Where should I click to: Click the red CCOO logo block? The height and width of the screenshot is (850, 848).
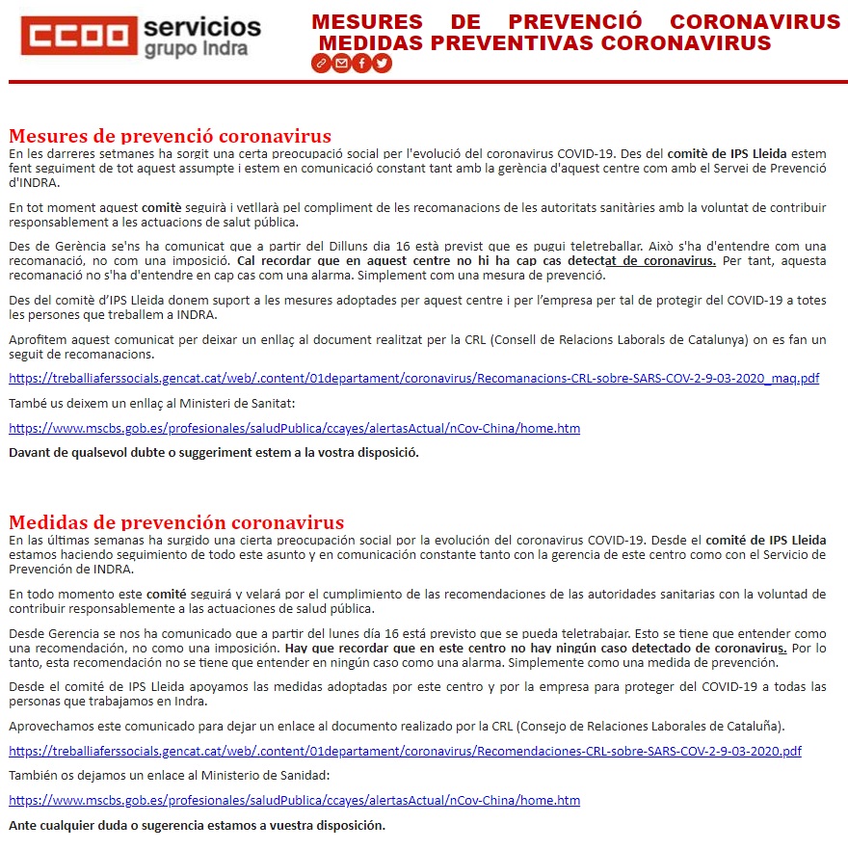(80, 36)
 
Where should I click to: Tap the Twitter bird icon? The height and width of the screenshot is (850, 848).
(383, 63)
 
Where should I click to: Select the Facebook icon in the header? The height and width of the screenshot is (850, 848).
(361, 63)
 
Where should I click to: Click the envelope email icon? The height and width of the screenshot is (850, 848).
(341, 63)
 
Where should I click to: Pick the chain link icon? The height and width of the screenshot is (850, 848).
(321, 63)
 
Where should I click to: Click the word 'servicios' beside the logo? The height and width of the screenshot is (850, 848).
(201, 26)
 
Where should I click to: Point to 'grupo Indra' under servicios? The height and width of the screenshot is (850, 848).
(196, 48)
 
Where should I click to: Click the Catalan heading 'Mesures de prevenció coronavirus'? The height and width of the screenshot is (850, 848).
(170, 136)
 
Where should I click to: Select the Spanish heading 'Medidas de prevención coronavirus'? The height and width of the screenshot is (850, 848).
(176, 523)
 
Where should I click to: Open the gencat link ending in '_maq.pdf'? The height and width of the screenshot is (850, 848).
(413, 378)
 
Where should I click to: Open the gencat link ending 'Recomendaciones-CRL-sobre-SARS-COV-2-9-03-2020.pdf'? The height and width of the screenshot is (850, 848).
(405, 751)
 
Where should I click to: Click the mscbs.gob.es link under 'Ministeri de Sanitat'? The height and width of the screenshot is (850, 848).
(294, 428)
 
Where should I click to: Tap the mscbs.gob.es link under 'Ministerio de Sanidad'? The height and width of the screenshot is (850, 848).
(294, 800)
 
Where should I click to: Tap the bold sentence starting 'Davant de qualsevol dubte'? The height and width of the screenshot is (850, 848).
(214, 452)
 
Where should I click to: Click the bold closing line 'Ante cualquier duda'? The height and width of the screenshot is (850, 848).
(197, 825)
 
